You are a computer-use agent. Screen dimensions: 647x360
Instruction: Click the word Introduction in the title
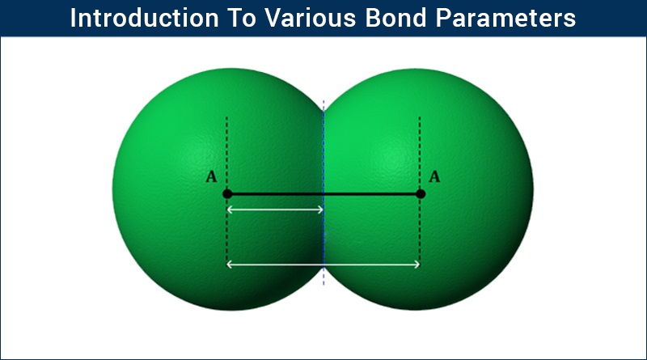[x=144, y=18]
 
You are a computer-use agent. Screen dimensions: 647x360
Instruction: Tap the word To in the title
[x=241, y=18]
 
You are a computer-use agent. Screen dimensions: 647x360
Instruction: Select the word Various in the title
[x=310, y=18]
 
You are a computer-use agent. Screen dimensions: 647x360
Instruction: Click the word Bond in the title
[x=395, y=18]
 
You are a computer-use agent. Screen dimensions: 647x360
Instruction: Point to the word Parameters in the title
[x=505, y=18]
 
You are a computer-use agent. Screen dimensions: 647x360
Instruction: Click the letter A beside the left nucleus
[x=211, y=176]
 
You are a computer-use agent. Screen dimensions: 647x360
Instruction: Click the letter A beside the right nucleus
[x=434, y=176]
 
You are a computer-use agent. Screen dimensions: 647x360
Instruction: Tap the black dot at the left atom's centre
[x=227, y=193]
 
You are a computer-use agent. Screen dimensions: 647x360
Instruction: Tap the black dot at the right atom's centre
[x=420, y=193]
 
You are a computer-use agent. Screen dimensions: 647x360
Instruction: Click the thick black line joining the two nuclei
[x=323, y=193]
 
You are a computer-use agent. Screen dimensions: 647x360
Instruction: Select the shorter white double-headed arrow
[x=275, y=210]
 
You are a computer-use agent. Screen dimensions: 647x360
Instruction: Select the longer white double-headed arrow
[x=323, y=265]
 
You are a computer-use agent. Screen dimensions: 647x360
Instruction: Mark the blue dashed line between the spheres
[x=323, y=193]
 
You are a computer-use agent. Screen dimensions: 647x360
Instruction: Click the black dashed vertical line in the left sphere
[x=226, y=191]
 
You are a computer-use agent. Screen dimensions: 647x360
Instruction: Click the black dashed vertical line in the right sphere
[x=420, y=191]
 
